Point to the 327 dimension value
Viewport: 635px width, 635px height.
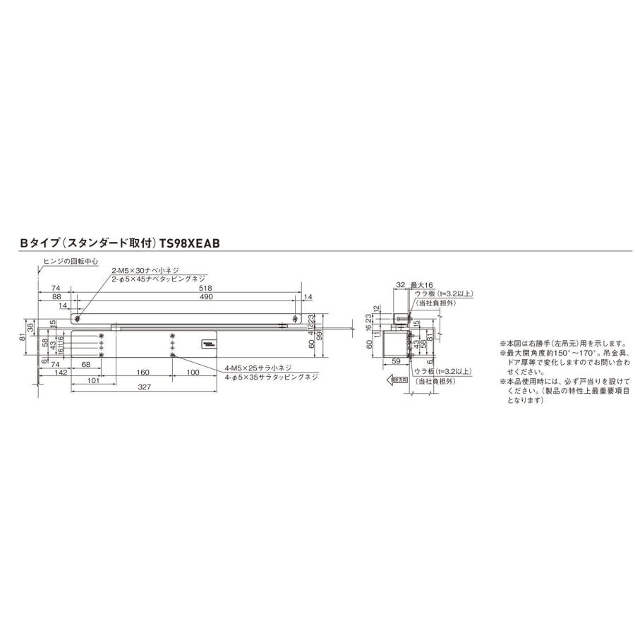143,387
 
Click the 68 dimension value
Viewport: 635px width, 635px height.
85,364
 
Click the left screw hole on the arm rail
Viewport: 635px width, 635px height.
77,318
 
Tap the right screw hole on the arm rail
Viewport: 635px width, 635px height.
295,318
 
